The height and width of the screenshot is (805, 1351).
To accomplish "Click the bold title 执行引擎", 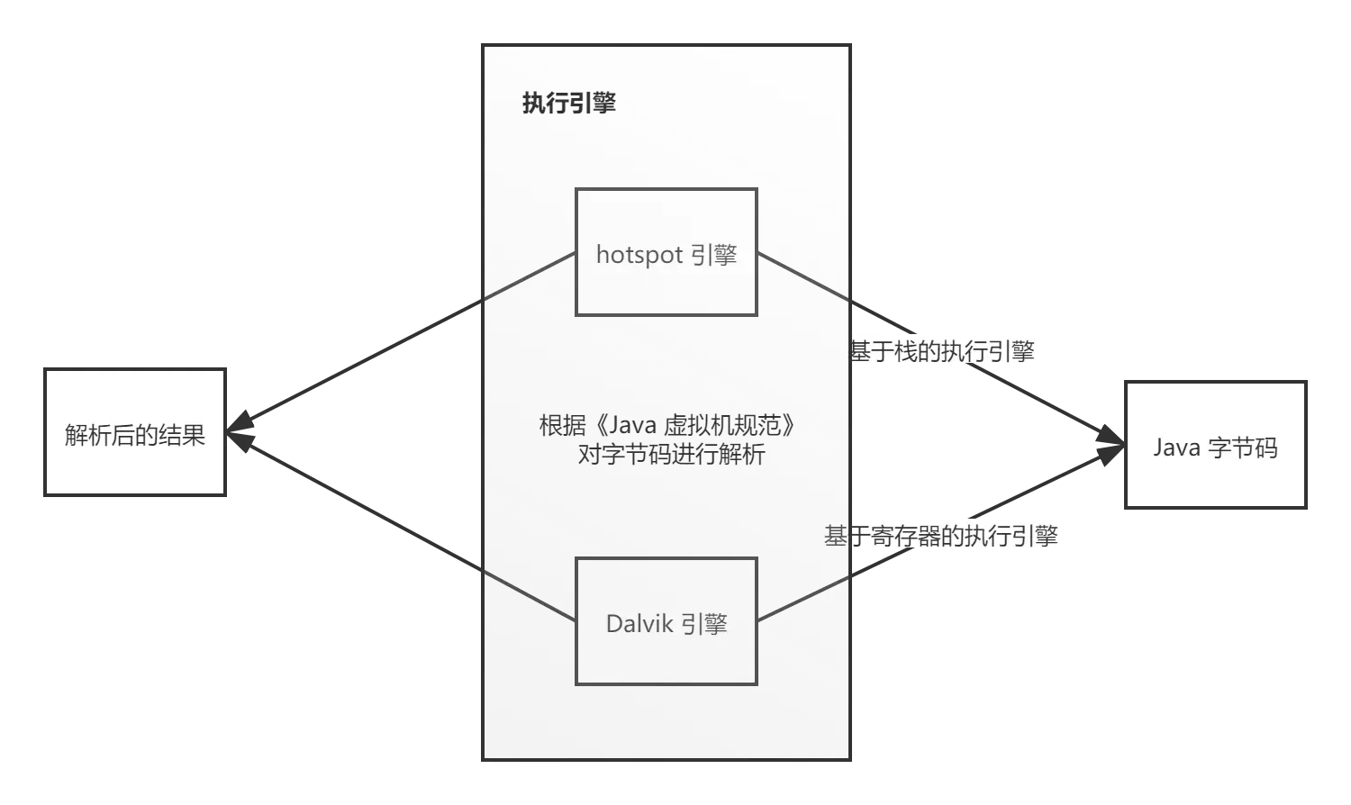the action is tap(568, 104).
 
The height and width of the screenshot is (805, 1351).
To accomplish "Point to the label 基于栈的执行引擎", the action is tap(942, 351).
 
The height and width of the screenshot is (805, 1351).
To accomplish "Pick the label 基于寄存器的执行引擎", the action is tap(940, 536).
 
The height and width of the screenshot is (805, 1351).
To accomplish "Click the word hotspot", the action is tap(639, 255).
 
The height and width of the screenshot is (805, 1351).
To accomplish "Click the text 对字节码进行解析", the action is tap(671, 454).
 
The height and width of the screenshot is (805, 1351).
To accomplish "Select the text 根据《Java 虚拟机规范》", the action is tap(667, 424).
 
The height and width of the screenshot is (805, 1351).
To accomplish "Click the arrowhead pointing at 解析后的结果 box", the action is tap(239, 431).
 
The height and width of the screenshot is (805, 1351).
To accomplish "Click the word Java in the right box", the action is tap(1177, 448).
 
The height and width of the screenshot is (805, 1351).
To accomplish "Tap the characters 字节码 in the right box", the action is tap(1244, 448).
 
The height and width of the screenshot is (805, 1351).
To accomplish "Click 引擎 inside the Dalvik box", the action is tap(704, 624).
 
